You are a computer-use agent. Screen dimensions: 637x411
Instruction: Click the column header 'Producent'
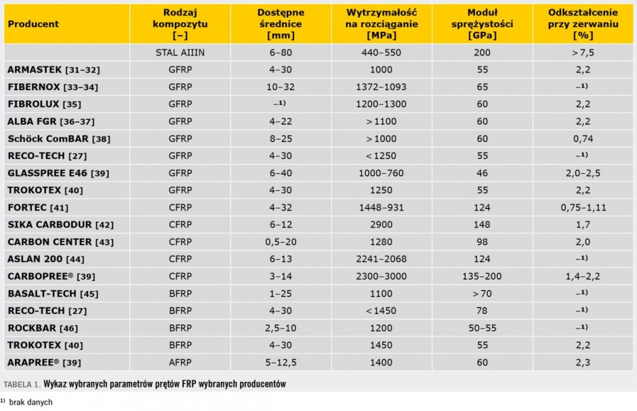coord(33,24)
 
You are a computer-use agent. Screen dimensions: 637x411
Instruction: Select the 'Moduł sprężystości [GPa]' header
coord(482,24)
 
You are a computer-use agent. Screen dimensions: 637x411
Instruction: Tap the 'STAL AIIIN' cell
coord(180,53)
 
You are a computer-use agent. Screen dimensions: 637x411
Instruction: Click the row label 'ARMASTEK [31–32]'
coord(54,70)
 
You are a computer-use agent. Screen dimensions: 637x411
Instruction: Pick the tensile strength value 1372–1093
coord(381,87)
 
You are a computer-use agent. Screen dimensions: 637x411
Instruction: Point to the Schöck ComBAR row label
coord(59,139)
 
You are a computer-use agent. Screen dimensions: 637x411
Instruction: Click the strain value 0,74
coord(583,139)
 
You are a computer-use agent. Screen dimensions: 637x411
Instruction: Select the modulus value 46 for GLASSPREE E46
coord(482,173)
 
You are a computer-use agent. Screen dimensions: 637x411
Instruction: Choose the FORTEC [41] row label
coord(38,208)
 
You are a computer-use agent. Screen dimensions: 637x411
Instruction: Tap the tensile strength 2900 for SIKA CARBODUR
coord(381,225)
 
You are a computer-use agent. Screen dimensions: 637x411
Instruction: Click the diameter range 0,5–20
coord(281,242)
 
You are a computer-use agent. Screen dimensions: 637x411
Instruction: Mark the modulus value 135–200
coord(482,276)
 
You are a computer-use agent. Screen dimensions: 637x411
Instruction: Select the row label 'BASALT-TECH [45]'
coord(54,294)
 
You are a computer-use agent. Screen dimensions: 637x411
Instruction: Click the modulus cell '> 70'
coord(482,294)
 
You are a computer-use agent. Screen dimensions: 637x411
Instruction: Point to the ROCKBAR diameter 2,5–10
coord(281,328)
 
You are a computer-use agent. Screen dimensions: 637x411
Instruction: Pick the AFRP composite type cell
coord(180,362)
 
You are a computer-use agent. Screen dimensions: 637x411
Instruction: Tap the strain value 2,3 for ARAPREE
coord(583,362)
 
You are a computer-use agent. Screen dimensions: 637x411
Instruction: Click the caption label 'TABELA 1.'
coord(22,384)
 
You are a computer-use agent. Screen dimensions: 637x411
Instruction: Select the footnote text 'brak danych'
coord(31,402)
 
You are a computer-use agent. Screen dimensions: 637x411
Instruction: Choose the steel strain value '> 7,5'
coord(583,53)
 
